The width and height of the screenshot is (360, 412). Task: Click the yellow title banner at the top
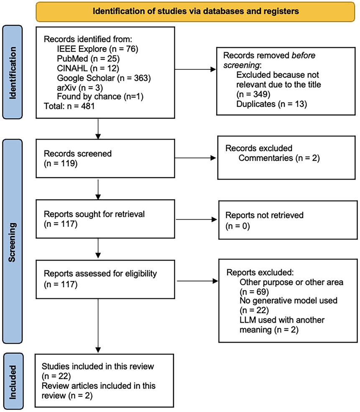tap(195, 12)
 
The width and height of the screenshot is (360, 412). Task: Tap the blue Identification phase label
tap(13, 72)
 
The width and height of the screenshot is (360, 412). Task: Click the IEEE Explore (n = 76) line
tap(97, 49)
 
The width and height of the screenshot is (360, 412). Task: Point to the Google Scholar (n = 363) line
tap(104, 78)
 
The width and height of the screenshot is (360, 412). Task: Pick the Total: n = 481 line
tap(69, 106)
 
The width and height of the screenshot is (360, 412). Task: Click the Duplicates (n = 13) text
tap(272, 104)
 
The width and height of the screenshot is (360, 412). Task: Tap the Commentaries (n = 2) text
tap(279, 158)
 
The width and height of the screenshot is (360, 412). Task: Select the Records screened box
tap(105, 158)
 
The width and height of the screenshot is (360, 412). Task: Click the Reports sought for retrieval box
tap(105, 219)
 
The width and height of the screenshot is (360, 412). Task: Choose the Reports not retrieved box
tap(288, 220)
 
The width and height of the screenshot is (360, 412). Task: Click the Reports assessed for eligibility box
tap(105, 279)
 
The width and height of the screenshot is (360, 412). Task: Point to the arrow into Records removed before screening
tap(195, 69)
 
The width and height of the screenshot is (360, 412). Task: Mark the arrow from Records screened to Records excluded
tap(195, 158)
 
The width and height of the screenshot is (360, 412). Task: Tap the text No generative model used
tap(289, 300)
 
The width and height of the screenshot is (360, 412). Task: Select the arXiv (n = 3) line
tap(80, 87)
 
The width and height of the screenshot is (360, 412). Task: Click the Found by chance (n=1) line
tap(100, 97)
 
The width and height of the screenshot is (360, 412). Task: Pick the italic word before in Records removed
tap(304, 56)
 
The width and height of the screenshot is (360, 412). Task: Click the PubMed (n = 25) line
tap(88, 58)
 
